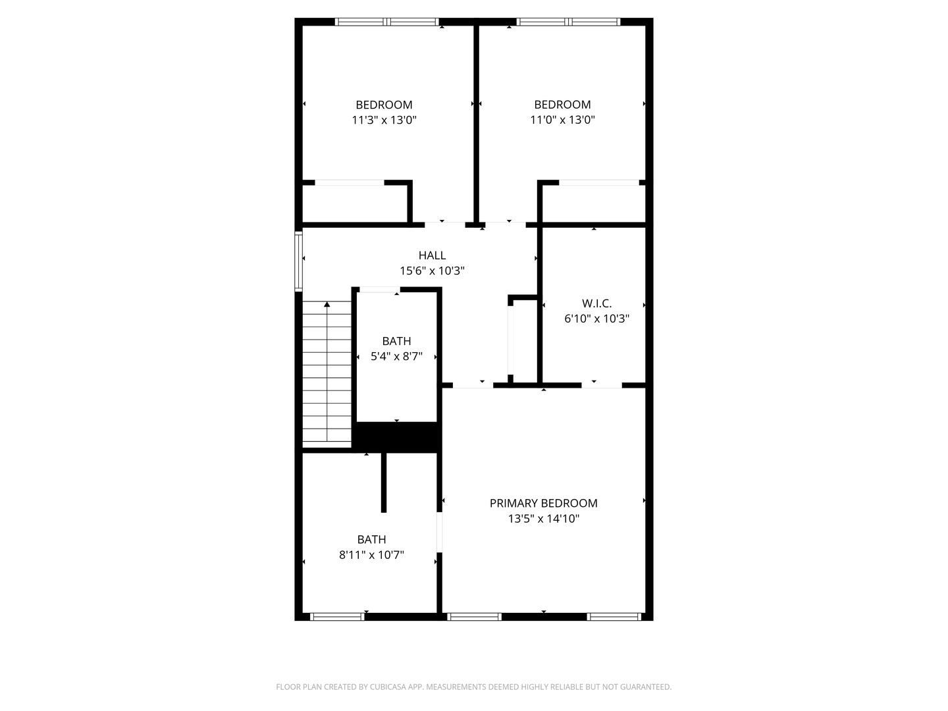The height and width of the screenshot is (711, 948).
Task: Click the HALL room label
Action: [432, 255]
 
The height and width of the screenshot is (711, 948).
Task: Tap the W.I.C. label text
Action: [596, 303]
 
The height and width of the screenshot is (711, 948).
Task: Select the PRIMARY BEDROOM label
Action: [543, 503]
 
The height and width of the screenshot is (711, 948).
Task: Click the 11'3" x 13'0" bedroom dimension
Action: [384, 120]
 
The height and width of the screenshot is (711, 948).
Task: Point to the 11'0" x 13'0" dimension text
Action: [562, 120]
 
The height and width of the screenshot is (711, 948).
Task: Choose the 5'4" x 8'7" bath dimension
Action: [396, 356]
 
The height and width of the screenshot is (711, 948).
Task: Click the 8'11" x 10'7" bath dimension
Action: [371, 555]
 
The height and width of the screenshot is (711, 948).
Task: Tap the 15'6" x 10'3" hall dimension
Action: [432, 271]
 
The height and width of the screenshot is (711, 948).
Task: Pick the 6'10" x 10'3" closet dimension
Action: [596, 319]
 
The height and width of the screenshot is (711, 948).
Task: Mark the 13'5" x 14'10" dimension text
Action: [543, 519]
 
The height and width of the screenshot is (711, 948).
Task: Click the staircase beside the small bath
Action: [327, 375]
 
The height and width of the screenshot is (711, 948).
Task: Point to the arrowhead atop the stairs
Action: [327, 304]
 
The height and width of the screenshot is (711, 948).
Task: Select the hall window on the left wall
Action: [299, 261]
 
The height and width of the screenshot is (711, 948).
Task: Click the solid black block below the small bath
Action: [397, 436]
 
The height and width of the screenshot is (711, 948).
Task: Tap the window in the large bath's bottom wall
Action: [337, 617]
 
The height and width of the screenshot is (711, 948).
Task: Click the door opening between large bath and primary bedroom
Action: [439, 531]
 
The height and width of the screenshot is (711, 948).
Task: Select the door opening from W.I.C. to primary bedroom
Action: [601, 385]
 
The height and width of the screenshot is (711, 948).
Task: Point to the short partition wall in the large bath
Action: [384, 483]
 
